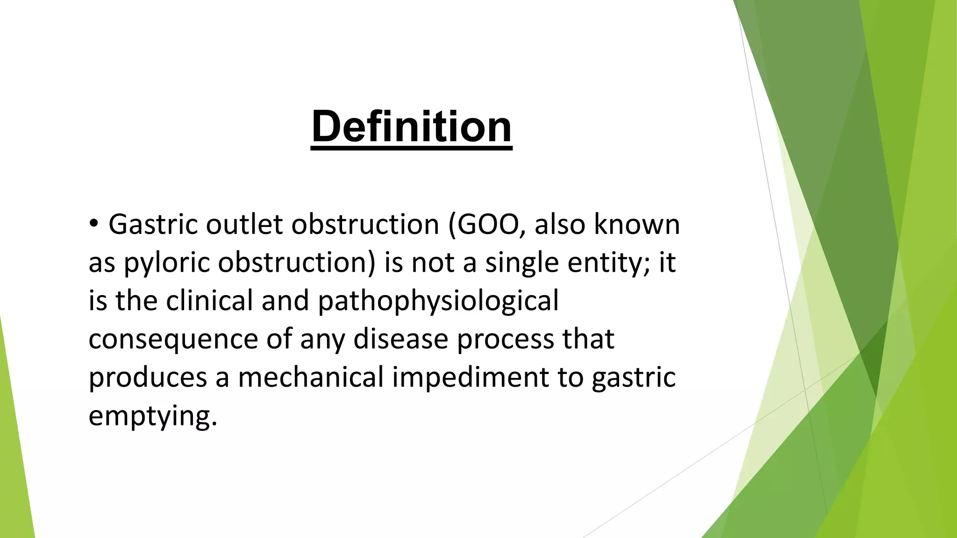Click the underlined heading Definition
[x=411, y=127]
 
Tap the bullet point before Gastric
[x=94, y=224]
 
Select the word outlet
[x=244, y=224]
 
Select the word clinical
[x=209, y=300]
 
